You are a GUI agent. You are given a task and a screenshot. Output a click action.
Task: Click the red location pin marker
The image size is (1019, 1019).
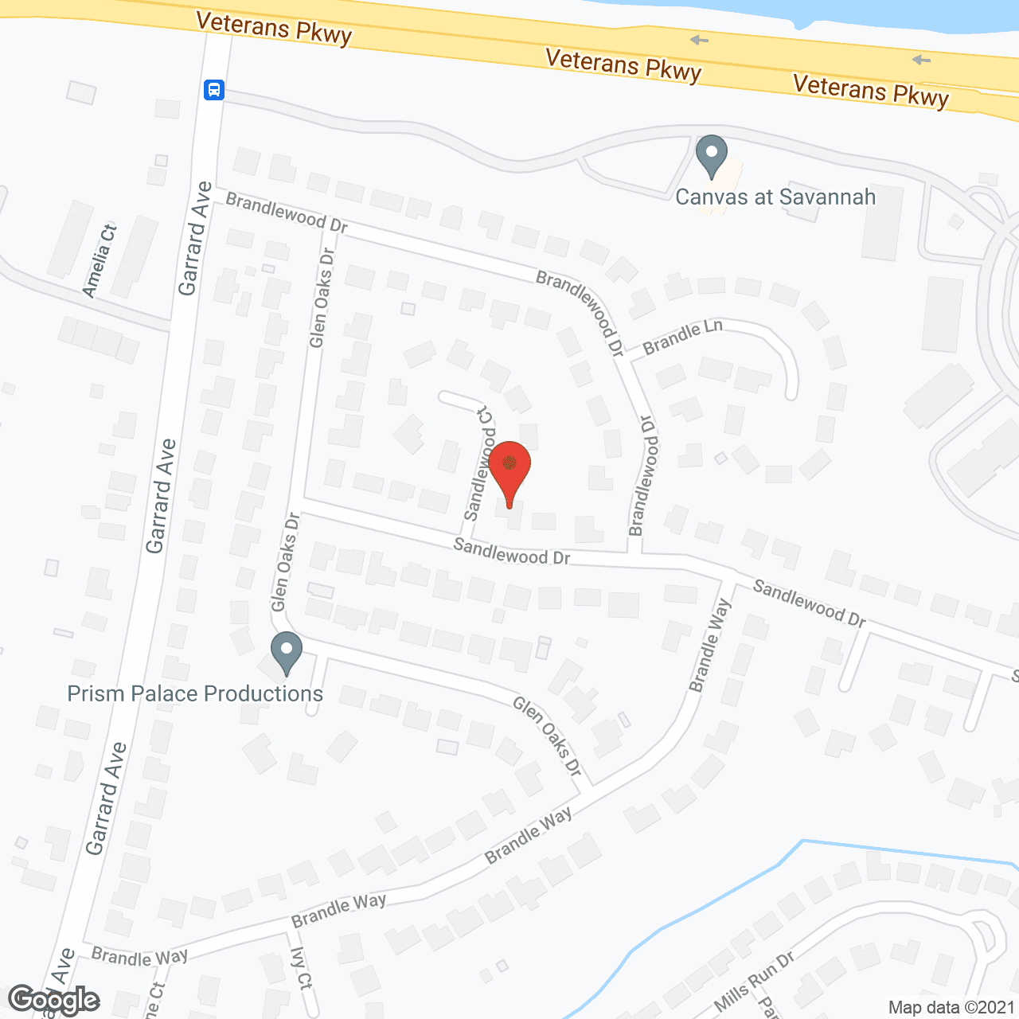[509, 471]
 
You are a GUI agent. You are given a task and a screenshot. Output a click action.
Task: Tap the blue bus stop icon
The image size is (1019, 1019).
[213, 89]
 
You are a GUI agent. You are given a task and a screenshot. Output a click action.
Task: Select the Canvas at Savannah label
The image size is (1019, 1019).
[775, 197]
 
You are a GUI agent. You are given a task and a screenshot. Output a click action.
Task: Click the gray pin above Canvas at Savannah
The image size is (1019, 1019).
[712, 155]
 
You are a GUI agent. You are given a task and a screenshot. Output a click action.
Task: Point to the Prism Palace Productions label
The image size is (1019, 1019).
[195, 693]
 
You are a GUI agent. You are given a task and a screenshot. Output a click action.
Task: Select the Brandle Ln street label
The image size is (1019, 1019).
[682, 337]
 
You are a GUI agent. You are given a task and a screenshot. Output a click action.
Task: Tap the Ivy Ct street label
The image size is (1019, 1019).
[301, 968]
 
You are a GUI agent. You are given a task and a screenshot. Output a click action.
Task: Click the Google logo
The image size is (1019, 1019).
[53, 1000]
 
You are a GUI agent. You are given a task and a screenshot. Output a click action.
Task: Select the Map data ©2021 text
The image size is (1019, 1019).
[951, 1008]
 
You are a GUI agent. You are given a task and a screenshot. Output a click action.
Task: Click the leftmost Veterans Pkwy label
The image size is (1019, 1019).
[274, 29]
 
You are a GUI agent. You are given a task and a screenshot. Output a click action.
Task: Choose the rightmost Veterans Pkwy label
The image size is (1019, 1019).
[871, 91]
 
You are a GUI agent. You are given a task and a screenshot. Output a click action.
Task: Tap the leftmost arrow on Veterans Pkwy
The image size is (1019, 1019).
[699, 40]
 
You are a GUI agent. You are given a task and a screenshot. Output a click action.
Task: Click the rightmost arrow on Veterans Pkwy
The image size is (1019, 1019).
[921, 60]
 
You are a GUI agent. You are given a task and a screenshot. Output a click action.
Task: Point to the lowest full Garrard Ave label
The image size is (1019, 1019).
[107, 798]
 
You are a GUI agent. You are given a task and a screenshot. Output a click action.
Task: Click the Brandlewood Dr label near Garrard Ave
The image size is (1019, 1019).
[287, 213]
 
